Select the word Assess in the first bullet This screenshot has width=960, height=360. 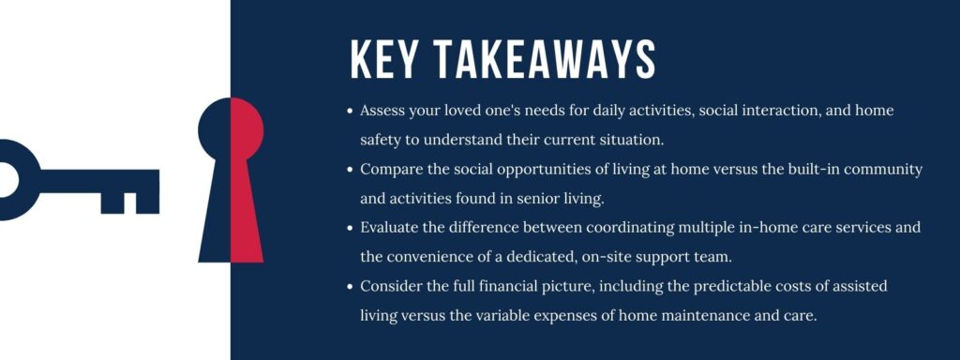tap(383, 111)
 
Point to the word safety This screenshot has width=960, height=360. tap(383, 141)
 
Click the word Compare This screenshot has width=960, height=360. tap(391, 171)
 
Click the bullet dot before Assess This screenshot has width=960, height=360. tap(351, 112)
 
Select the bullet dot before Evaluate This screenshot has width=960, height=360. tap(351, 228)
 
